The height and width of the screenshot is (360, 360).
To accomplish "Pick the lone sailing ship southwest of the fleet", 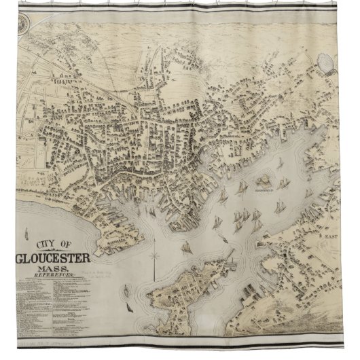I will [185, 245].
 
